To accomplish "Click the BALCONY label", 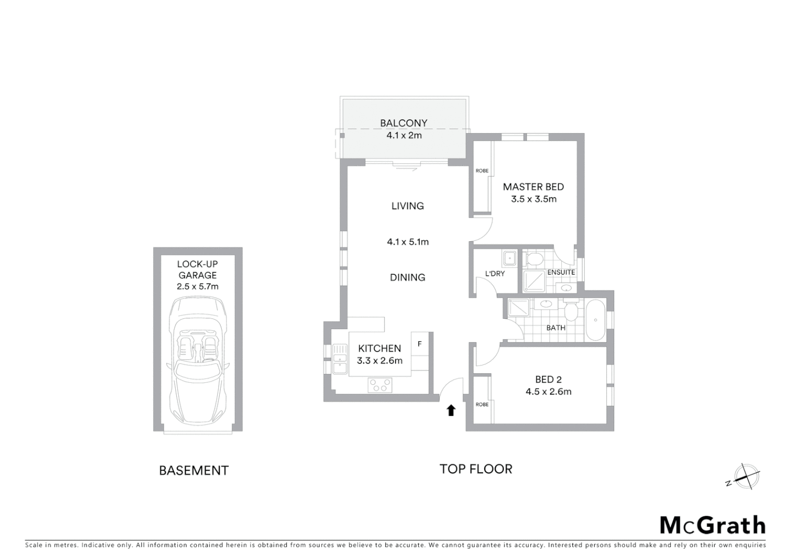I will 403,123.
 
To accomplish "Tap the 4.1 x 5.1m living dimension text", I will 407,242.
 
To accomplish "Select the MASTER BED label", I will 533,187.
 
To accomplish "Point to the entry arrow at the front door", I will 451,410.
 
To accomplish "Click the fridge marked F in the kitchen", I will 420,344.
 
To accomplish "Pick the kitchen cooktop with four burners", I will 380,385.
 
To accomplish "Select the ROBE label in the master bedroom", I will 482,171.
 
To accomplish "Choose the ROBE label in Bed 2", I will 482,404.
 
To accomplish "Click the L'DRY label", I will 494,273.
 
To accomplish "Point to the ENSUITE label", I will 561,272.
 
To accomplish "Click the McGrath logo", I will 712,525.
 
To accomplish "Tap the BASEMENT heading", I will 193,470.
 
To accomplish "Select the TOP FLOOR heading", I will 476,469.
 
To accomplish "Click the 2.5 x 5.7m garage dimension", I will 197,286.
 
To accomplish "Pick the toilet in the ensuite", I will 532,258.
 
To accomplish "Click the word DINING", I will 407,277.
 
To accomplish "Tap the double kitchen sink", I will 340,358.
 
